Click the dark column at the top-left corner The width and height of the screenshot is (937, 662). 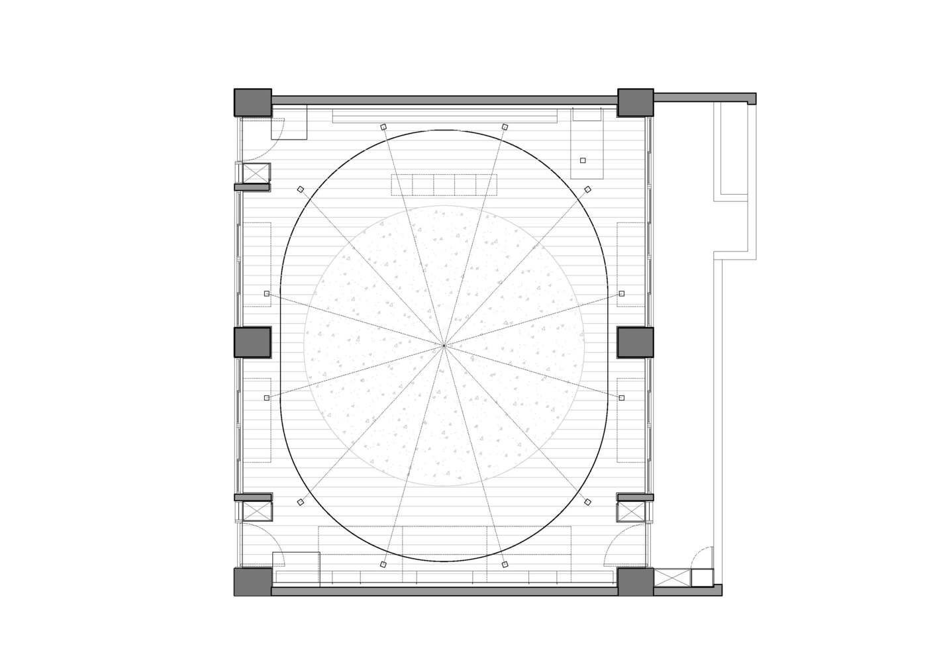point(253,103)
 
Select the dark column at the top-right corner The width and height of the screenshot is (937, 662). point(636,103)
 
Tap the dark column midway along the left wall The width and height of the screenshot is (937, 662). point(253,342)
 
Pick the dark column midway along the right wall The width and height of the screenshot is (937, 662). point(636,342)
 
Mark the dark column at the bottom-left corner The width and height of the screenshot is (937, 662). point(253,581)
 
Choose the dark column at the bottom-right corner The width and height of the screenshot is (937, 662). point(636,581)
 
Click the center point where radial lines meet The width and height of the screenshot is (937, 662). point(444,346)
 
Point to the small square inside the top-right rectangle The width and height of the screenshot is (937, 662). point(583,160)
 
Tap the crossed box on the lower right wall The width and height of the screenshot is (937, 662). point(630,511)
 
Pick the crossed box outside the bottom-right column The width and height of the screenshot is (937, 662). point(672,577)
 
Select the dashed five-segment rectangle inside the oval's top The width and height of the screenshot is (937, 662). point(444,185)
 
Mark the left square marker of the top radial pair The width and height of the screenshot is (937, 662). point(383,126)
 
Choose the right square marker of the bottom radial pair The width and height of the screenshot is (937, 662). point(505,564)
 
